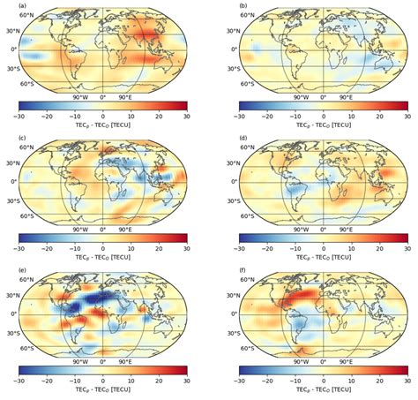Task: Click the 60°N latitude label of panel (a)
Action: [x=24, y=19]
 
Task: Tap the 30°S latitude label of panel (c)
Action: [x=26, y=200]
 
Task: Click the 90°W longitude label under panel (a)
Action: [x=78, y=96]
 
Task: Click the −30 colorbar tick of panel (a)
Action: [x=19, y=117]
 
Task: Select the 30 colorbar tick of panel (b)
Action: [x=407, y=117]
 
